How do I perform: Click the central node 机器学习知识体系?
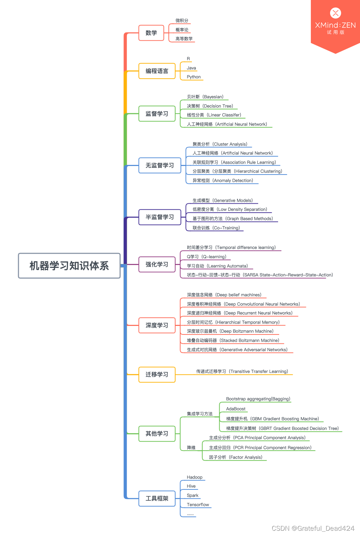pos(69,266)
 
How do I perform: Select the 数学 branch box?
pos(151,33)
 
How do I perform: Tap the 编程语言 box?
pos(157,71)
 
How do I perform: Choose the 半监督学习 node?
pos(160,217)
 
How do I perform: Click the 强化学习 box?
pos(157,264)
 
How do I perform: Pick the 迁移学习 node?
pos(157,374)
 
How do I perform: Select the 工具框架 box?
pos(157,498)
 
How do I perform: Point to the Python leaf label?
pos(194,77)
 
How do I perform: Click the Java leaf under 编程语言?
pos(191,68)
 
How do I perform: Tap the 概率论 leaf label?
pos(182,30)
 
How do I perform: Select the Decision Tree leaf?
pos(210,106)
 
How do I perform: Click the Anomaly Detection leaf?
pos(223,181)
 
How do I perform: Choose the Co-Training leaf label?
pos(216,228)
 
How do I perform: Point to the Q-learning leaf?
pos(207,257)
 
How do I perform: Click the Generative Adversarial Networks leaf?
pos(237,350)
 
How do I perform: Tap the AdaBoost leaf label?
pos(236,409)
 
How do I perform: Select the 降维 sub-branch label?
pos(191,448)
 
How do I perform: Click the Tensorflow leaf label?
pos(198,505)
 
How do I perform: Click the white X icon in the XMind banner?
pos(335,13)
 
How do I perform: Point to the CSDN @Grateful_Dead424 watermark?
pos(313,528)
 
